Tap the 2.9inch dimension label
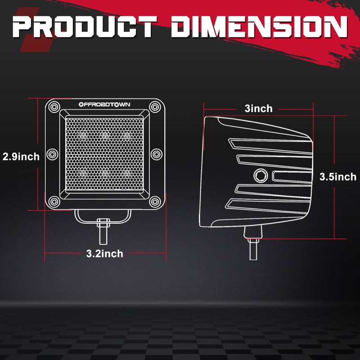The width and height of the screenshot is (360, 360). [21, 157]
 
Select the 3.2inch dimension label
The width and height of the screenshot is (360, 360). [104, 254]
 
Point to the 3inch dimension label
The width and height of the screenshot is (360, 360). [258, 108]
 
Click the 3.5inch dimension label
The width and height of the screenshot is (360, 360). [337, 177]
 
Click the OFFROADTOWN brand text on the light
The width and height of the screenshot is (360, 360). [104, 104]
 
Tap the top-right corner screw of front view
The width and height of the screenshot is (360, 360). [155, 107]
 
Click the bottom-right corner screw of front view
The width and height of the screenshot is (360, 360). [155, 201]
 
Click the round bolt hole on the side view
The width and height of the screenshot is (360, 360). [260, 175]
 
